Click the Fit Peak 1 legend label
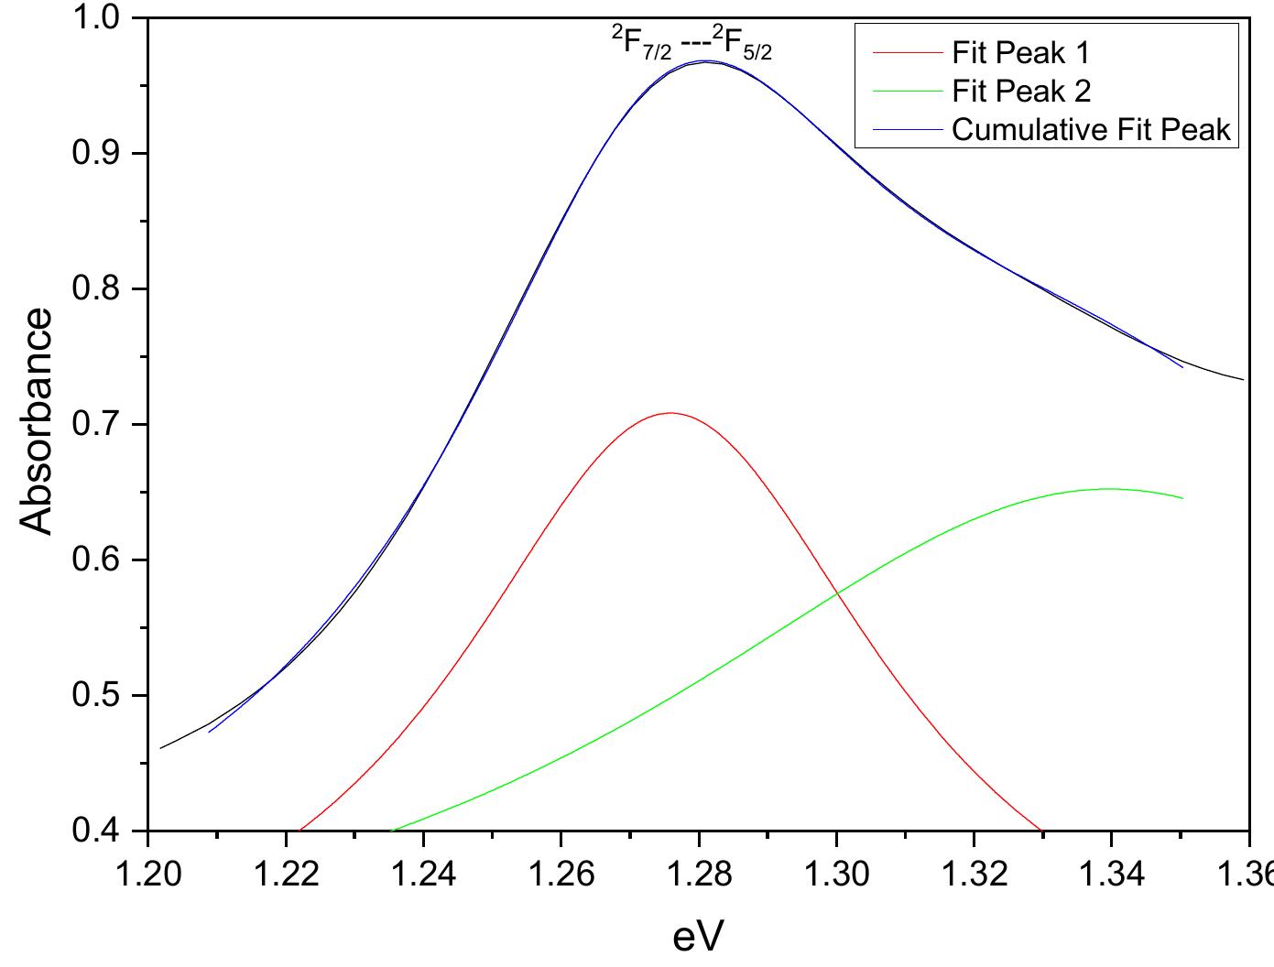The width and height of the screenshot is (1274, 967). click(1021, 52)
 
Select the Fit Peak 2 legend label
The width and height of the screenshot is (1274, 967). click(1021, 91)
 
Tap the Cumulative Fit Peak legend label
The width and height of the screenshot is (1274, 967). click(1092, 129)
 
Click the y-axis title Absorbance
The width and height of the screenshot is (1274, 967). click(37, 422)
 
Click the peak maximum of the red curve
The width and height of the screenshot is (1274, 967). click(670, 413)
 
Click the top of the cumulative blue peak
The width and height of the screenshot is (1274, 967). click(705, 61)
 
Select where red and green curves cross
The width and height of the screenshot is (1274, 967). click(836, 593)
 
